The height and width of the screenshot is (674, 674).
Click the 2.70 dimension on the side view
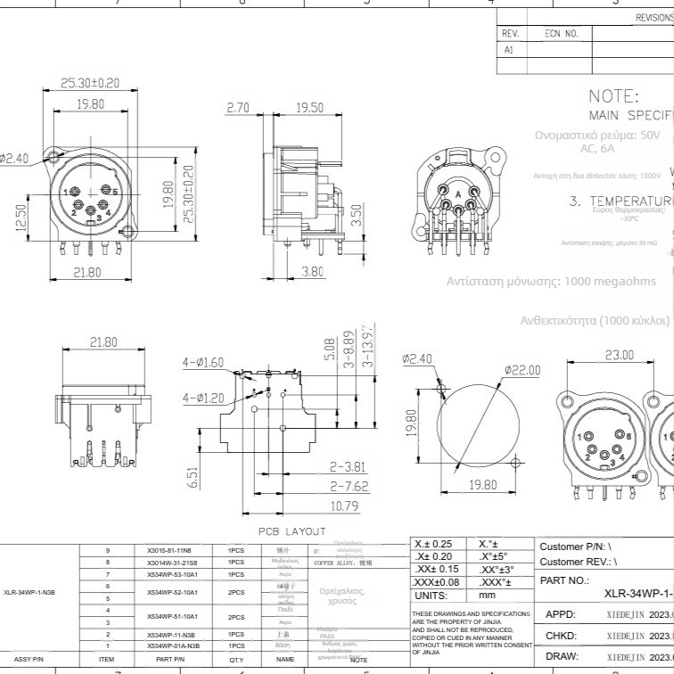238,108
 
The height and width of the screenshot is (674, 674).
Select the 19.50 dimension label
308,108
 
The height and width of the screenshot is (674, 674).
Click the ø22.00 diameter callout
522,370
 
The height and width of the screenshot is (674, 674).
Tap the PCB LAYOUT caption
292,531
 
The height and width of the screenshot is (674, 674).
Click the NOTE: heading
613,96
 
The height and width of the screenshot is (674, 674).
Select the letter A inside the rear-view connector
458,194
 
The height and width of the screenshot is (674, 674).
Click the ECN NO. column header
562,33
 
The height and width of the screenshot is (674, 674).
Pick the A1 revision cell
509,51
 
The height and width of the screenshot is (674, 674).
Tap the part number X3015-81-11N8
168,551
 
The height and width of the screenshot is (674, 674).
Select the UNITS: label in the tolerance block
432,595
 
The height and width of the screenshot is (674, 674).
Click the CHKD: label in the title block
560,636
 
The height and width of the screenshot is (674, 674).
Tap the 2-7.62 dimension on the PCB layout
348,487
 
